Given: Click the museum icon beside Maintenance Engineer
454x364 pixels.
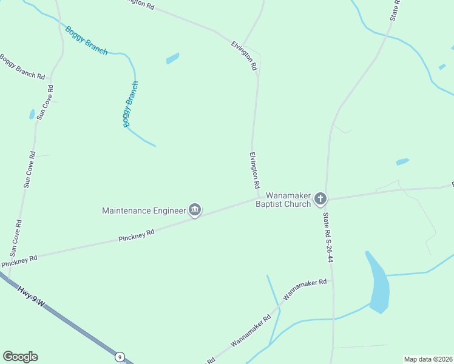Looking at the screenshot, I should [x=195, y=211].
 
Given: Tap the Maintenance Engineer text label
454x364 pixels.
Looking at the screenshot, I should [x=144, y=211].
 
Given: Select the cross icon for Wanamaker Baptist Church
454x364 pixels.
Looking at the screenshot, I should [x=320, y=198].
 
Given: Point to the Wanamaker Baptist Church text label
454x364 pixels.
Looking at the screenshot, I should [x=283, y=200].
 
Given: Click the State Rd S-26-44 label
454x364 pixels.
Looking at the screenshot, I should [x=328, y=237].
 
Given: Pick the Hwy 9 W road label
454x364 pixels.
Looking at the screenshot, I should [x=31, y=295].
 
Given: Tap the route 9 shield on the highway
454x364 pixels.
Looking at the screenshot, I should [x=120, y=357].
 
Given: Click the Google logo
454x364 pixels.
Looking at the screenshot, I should [x=20, y=357].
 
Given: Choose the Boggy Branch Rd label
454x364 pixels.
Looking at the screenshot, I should [x=22, y=67].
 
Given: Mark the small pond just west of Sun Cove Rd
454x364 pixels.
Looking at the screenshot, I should [x=32, y=114].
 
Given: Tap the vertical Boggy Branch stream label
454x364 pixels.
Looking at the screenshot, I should [x=130, y=104].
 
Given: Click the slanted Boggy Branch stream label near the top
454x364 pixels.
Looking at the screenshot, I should [x=86, y=41].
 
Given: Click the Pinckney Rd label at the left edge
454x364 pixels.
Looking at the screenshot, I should [x=19, y=261].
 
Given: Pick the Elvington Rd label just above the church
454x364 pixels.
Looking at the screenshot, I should [x=254, y=169].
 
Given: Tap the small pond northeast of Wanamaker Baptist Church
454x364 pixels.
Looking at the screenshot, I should [x=402, y=162].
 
